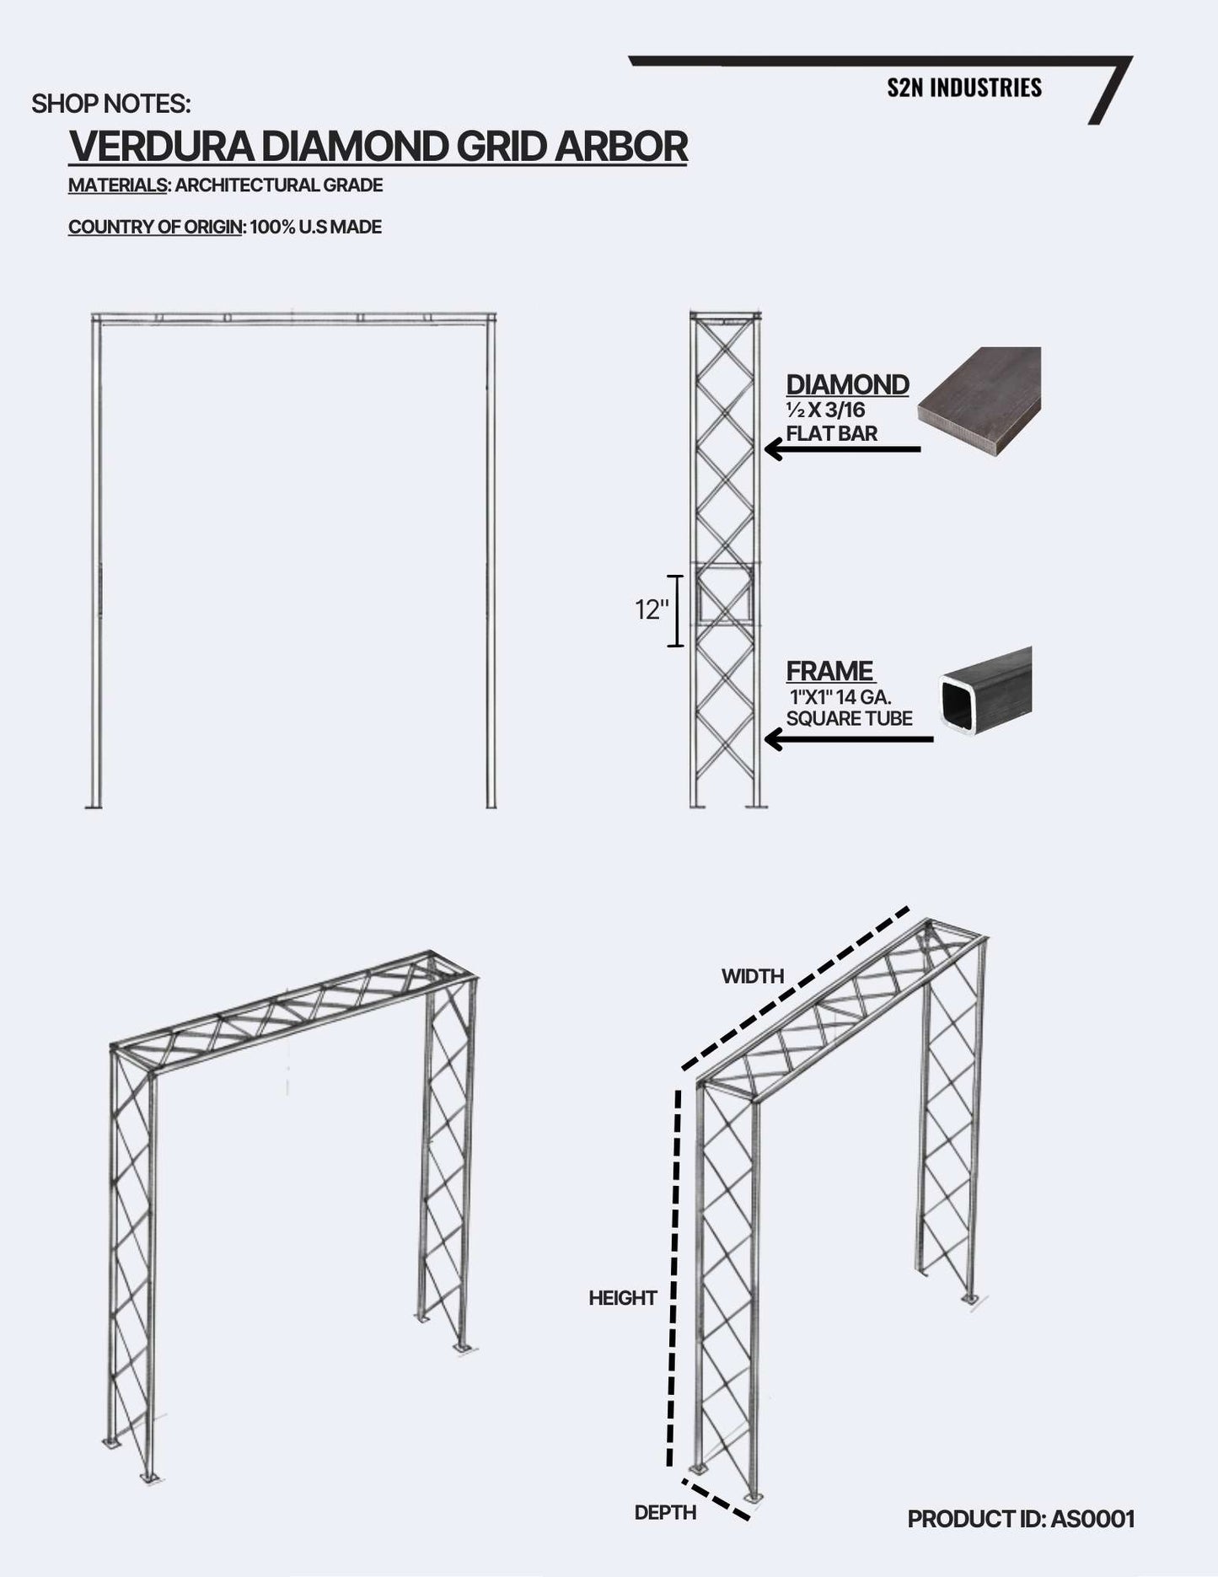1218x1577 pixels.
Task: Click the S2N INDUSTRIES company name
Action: point(963,88)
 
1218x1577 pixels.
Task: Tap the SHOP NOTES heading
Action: point(111,105)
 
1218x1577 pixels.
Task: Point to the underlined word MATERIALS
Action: point(117,185)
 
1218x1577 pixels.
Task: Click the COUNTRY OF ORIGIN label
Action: point(154,227)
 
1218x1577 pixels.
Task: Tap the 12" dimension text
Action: point(650,610)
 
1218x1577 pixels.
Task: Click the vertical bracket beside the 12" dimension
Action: point(675,610)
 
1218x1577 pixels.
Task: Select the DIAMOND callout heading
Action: point(847,385)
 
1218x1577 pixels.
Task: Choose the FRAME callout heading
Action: point(830,672)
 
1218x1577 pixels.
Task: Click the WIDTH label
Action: point(753,976)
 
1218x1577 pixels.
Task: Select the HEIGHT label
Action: point(622,1298)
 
